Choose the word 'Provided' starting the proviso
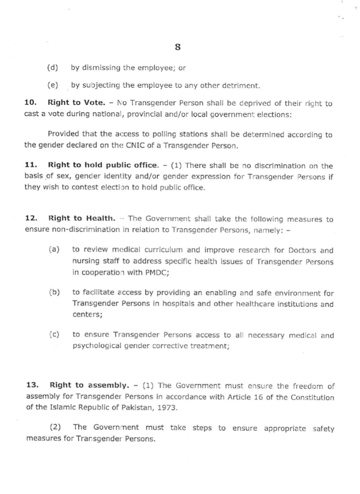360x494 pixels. (x=61, y=135)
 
